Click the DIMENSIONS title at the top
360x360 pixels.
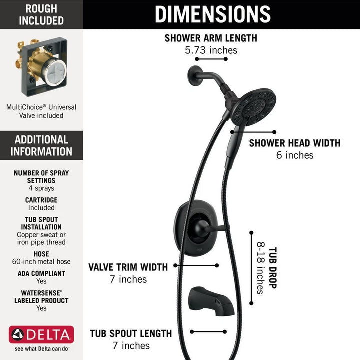[212, 14]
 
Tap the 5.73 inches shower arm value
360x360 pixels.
[211, 50]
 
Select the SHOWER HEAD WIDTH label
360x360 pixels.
[295, 143]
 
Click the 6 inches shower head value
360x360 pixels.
[295, 155]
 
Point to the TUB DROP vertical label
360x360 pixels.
[273, 268]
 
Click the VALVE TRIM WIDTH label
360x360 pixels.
[128, 267]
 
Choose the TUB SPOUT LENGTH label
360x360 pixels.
[131, 333]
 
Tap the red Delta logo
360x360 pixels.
[41, 335]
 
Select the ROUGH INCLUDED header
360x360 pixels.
[41, 14]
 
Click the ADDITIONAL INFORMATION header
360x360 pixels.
[41, 146]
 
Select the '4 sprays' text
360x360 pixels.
[41, 188]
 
